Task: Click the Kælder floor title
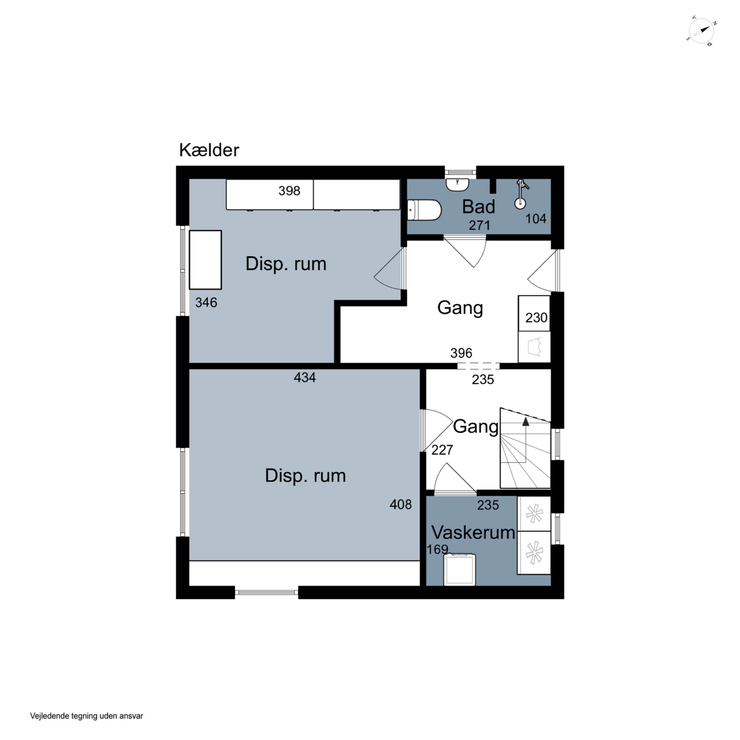[x=209, y=150]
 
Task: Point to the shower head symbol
[x=521, y=195]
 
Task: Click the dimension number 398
[x=289, y=191]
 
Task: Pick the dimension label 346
[x=206, y=303]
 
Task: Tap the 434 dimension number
[x=305, y=378]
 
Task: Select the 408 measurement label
[x=401, y=504]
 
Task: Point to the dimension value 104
[x=536, y=219]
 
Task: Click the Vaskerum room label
[x=473, y=532]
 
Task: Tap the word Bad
[x=478, y=207]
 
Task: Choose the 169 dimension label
[x=437, y=550]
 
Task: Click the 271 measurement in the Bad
[x=480, y=225]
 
